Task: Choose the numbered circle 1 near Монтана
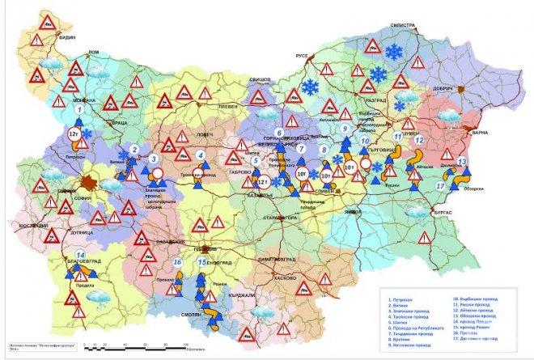(x=78, y=108)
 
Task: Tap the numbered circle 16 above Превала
(x=177, y=262)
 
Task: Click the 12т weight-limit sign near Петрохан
(x=73, y=132)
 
